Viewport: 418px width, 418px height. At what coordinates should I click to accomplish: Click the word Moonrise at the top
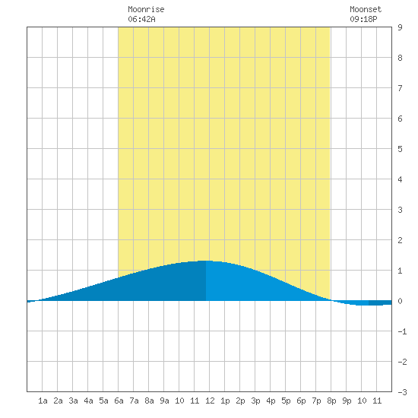pos(146,9)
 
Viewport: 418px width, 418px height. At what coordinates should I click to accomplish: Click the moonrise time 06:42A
pos(141,19)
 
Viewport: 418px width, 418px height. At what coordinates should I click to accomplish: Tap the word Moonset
pos(366,9)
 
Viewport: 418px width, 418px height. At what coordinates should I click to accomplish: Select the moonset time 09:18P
pos(363,19)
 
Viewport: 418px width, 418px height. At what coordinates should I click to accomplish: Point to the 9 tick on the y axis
pos(400,27)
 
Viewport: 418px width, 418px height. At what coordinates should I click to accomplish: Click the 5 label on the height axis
pos(400,149)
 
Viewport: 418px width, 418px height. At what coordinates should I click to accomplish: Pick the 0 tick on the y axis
pos(400,301)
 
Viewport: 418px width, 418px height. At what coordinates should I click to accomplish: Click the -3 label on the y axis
pos(402,392)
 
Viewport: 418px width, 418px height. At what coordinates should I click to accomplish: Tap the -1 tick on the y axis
pos(402,331)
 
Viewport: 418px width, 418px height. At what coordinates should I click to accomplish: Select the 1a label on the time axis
pos(43,401)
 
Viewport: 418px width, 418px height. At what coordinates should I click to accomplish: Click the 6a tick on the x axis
pos(119,401)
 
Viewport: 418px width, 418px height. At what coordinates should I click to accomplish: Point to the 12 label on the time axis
pos(210,401)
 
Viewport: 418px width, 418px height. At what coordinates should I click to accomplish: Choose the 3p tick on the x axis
pos(255,401)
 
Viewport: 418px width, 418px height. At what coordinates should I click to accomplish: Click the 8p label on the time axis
pos(331,401)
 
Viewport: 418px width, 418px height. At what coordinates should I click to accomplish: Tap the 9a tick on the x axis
pos(164,401)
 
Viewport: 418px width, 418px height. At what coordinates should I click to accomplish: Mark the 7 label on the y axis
pos(400,88)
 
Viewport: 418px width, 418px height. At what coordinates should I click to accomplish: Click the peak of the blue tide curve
pos(205,261)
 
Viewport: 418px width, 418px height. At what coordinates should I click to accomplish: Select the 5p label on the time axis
pos(286,401)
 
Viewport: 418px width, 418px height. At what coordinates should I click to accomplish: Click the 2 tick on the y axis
pos(400,240)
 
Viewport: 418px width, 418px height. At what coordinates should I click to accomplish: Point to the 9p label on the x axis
pos(347,401)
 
